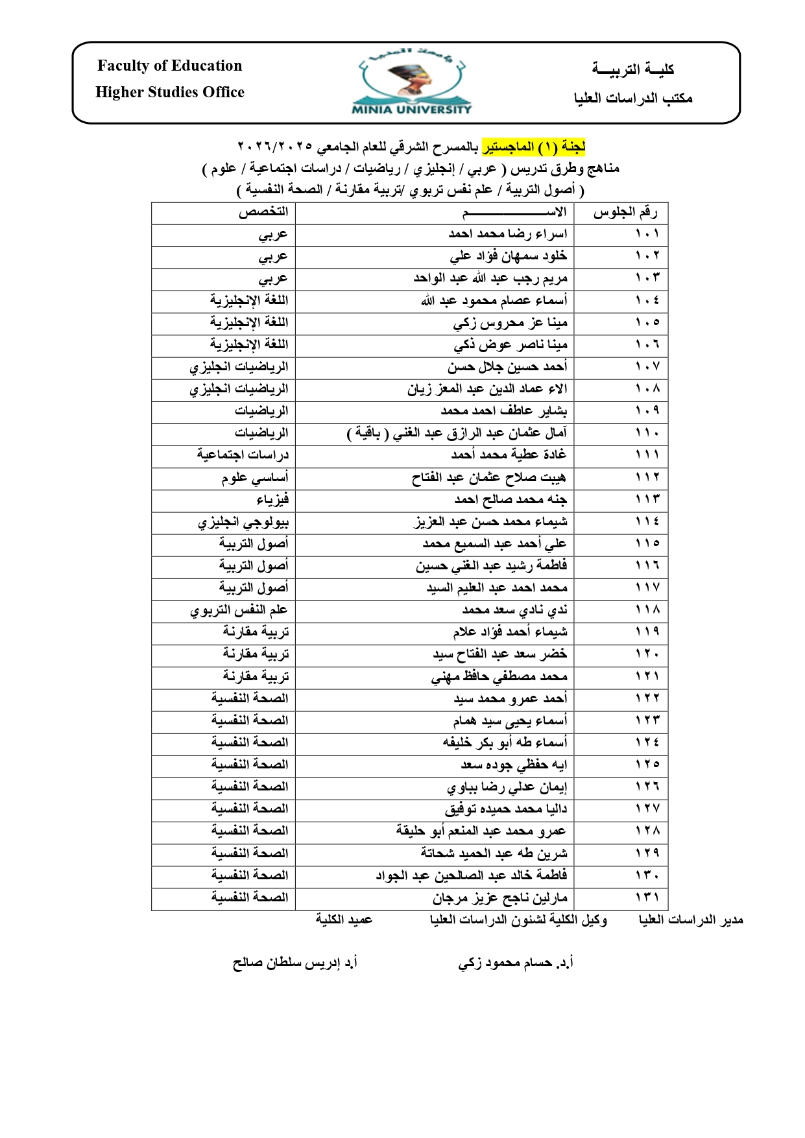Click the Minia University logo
tap(411, 82)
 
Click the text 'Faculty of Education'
tap(169, 65)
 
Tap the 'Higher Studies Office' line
tap(169, 92)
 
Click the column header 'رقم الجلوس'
tap(625, 213)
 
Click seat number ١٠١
tap(647, 234)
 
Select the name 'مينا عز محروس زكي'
tap(510, 322)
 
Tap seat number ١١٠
tap(647, 433)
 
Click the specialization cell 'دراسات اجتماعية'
tap(243, 455)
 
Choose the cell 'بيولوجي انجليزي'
tap(243, 522)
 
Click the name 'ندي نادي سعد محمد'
tap(514, 610)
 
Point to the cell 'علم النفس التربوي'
tap(239, 610)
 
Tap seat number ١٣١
tap(647, 897)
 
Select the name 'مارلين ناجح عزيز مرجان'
tap(499, 898)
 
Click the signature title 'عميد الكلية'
tap(344, 919)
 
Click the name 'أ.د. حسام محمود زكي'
tap(515, 963)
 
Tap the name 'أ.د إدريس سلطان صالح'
tap(294, 963)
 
